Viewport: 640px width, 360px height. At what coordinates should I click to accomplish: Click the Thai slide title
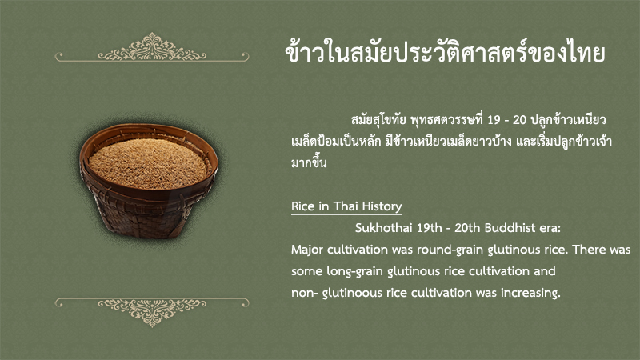445,53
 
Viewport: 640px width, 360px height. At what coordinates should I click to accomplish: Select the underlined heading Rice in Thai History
346,206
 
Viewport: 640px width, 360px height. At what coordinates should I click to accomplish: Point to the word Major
307,250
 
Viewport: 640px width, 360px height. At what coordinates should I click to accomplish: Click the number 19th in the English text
429,228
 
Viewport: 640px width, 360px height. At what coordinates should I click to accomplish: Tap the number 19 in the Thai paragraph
494,120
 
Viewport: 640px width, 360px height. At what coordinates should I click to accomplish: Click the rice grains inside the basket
148,162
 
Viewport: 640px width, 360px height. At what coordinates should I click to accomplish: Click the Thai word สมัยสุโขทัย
378,120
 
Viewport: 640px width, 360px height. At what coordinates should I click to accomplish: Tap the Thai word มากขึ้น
309,162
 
